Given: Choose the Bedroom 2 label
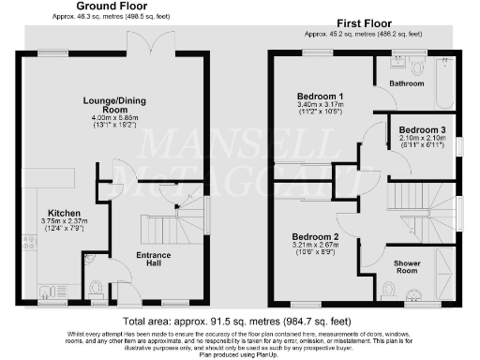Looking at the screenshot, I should tap(315, 236).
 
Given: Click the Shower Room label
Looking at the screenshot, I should tap(408, 263).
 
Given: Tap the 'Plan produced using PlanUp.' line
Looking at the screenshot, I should tap(240, 355).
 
